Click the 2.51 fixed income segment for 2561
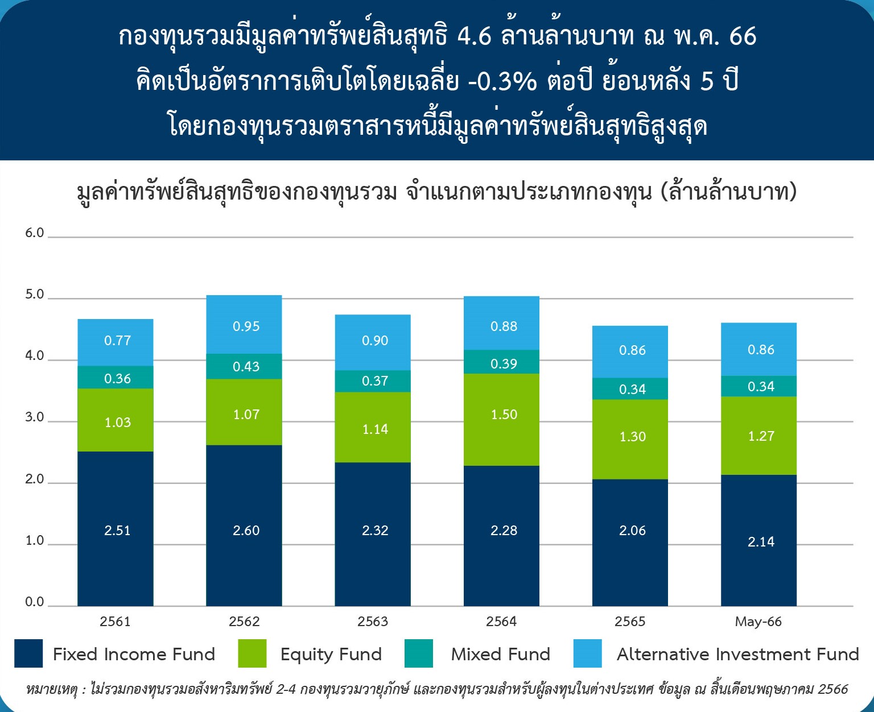pos(116,529)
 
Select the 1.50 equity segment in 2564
pos(501,420)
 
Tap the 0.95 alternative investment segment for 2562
pos(244,324)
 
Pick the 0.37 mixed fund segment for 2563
pos(373,382)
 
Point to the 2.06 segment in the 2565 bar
pos(630,543)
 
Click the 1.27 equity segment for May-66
pos(758,436)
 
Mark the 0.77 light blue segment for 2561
pos(116,342)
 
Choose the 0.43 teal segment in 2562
pos(244,367)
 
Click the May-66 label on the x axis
pos(758,622)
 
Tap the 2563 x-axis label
pos(373,622)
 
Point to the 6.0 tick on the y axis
pos(35,233)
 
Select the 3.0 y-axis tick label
pos(35,417)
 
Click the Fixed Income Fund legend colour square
pos(28,653)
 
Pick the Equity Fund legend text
pos(331,655)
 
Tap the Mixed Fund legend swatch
pos(419,653)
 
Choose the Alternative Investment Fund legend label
pos(738,654)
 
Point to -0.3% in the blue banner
pos(502,80)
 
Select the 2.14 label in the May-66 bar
pos(761,542)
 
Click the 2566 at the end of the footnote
pos(833,689)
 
